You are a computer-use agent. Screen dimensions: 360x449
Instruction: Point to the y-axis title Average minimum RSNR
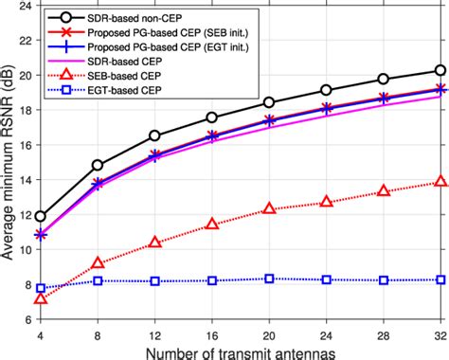click(9, 162)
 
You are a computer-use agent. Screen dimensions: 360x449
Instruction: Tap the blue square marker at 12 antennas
click(154, 281)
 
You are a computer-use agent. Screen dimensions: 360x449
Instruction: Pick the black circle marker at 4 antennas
click(40, 217)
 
